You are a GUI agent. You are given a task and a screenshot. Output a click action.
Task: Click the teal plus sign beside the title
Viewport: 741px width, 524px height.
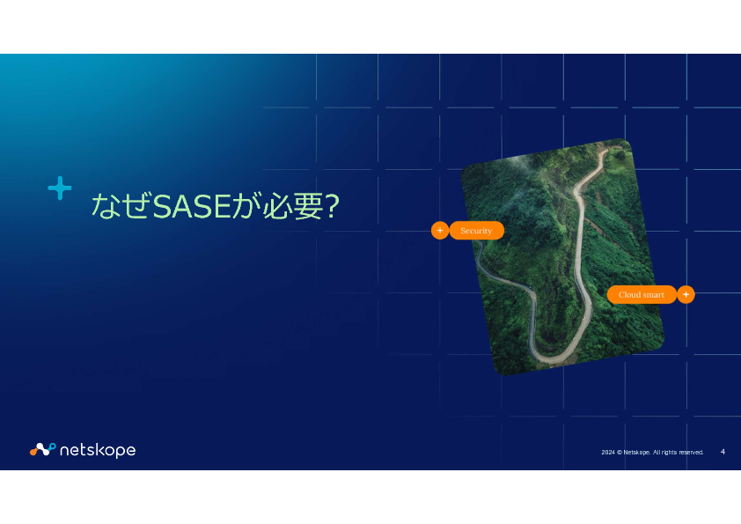(x=60, y=188)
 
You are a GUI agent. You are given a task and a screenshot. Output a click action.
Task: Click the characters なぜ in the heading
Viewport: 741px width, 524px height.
(x=121, y=206)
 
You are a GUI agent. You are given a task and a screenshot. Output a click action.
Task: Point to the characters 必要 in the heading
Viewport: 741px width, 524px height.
(x=293, y=206)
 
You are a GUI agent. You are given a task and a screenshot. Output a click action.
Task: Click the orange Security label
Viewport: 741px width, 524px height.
(x=476, y=231)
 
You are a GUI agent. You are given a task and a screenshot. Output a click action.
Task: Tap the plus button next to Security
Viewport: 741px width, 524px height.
(x=440, y=231)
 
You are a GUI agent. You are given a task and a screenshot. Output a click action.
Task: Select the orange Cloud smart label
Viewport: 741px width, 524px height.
(x=642, y=295)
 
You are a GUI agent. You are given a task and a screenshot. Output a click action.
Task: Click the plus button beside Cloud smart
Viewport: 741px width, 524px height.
(x=686, y=295)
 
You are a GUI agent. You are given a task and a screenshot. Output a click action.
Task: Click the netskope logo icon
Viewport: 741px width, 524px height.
(x=43, y=449)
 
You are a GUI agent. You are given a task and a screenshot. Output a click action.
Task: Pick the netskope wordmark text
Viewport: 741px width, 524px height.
(x=98, y=450)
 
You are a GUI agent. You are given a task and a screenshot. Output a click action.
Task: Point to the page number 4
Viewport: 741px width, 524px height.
(x=723, y=452)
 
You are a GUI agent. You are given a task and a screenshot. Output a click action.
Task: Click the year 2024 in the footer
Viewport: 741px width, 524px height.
(x=608, y=453)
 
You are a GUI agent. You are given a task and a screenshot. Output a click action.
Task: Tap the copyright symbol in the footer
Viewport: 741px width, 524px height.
(x=619, y=453)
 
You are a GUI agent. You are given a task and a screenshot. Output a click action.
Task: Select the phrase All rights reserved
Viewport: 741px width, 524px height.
(x=679, y=453)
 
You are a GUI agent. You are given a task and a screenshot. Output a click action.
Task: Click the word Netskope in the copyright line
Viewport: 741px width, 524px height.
(x=637, y=453)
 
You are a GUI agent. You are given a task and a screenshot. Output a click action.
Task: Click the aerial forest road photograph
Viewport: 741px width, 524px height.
(x=562, y=257)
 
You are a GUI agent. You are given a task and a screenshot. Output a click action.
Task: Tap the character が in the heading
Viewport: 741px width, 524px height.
(x=247, y=206)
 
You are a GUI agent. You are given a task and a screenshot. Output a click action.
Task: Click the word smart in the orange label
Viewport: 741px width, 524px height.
(x=652, y=295)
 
